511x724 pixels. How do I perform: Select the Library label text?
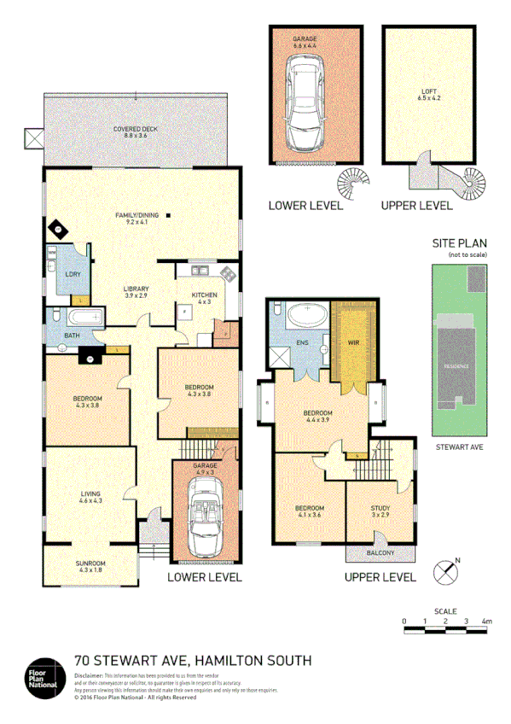coord(136,291)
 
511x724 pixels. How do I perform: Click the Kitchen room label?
coord(205,297)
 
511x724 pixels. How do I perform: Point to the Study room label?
coord(380,512)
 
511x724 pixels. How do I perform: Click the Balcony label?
coord(380,554)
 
